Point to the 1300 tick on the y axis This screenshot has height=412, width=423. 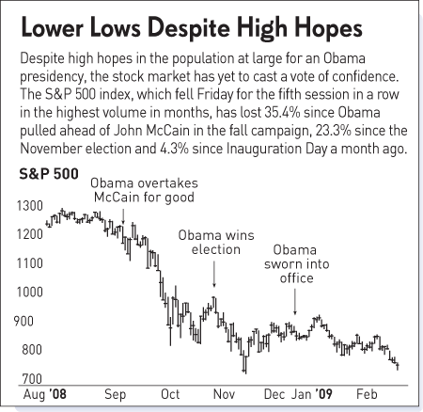(28, 206)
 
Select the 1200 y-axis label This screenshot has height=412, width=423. (28, 233)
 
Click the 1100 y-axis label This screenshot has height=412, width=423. (28, 262)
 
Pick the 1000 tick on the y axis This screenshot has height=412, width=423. (28, 292)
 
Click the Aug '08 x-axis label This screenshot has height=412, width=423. (43, 395)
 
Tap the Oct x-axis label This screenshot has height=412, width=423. (171, 395)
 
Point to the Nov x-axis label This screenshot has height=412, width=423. (225, 395)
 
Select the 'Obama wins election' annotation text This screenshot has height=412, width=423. (213, 243)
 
